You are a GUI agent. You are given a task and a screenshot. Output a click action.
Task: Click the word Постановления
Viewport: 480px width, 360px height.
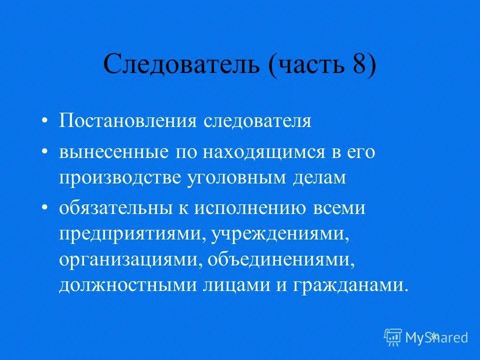click(128, 121)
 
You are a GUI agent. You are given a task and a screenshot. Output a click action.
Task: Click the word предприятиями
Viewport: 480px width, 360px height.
click(129, 234)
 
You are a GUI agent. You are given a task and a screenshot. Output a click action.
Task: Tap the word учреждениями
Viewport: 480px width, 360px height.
click(277, 234)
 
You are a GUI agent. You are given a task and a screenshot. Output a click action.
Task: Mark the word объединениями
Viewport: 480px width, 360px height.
click(275, 259)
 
